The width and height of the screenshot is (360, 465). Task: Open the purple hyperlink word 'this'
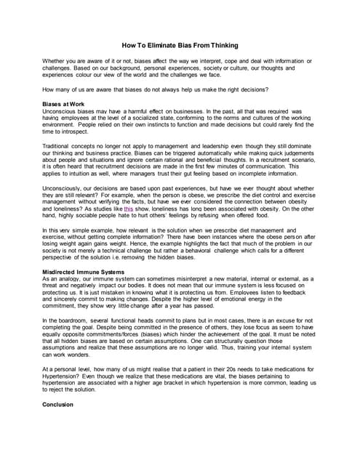point(129,207)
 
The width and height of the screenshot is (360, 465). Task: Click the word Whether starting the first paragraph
point(56,60)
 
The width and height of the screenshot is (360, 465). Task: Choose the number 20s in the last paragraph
point(242,369)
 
